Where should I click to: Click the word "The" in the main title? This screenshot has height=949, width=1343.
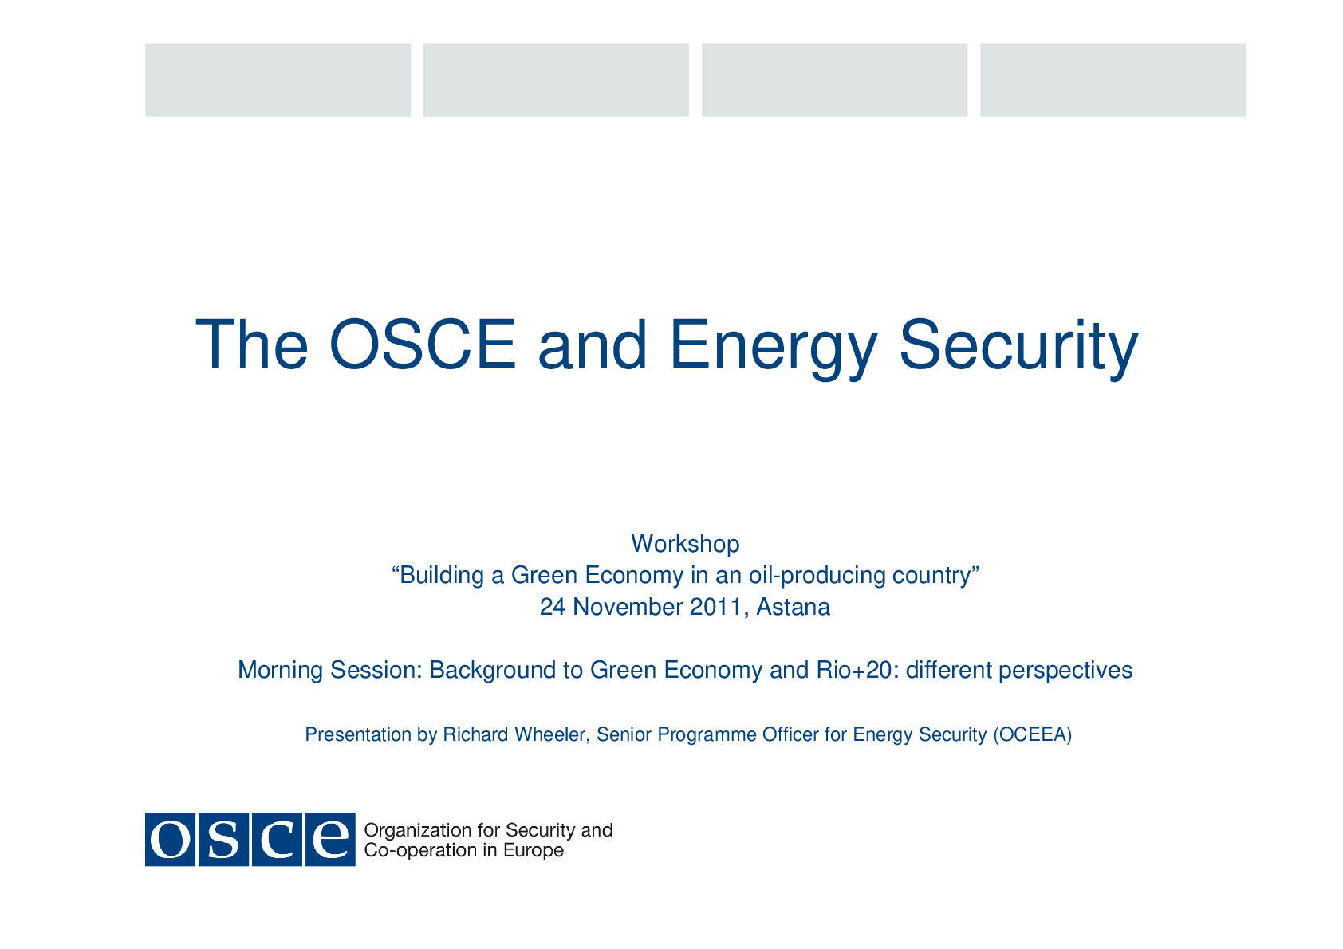tap(252, 344)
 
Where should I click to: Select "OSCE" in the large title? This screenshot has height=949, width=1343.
tap(423, 344)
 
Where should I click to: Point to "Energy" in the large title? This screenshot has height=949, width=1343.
tap(774, 348)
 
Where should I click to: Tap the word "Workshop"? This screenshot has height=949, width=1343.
tap(685, 544)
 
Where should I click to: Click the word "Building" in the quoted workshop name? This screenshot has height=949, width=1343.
tap(442, 575)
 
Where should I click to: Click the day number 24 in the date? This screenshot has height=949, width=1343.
tap(552, 607)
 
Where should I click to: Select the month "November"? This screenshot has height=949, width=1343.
tap(628, 607)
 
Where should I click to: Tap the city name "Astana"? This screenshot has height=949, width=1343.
tap(793, 607)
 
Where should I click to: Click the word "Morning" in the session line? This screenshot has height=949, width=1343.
tap(280, 670)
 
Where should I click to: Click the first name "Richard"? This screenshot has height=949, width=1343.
tap(475, 734)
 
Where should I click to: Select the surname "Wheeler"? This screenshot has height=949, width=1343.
tap(552, 735)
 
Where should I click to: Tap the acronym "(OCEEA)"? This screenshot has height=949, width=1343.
tap(1033, 735)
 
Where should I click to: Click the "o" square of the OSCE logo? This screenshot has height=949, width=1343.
tap(171, 839)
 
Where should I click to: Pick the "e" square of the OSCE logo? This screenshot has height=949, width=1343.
tap(330, 839)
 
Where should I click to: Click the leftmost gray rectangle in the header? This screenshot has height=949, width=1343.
tap(278, 81)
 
